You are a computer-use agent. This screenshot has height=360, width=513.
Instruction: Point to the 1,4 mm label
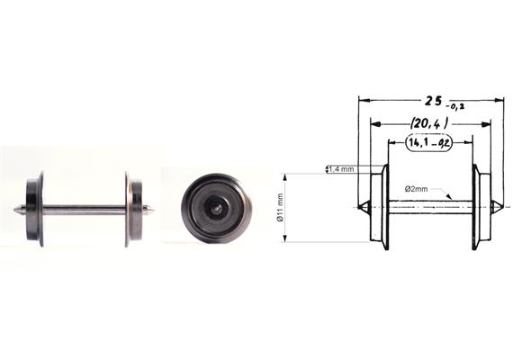coord(341,169)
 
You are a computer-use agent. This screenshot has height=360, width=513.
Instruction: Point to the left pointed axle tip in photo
coord(19,211)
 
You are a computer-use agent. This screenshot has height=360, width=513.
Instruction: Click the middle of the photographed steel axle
coord(85,211)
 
